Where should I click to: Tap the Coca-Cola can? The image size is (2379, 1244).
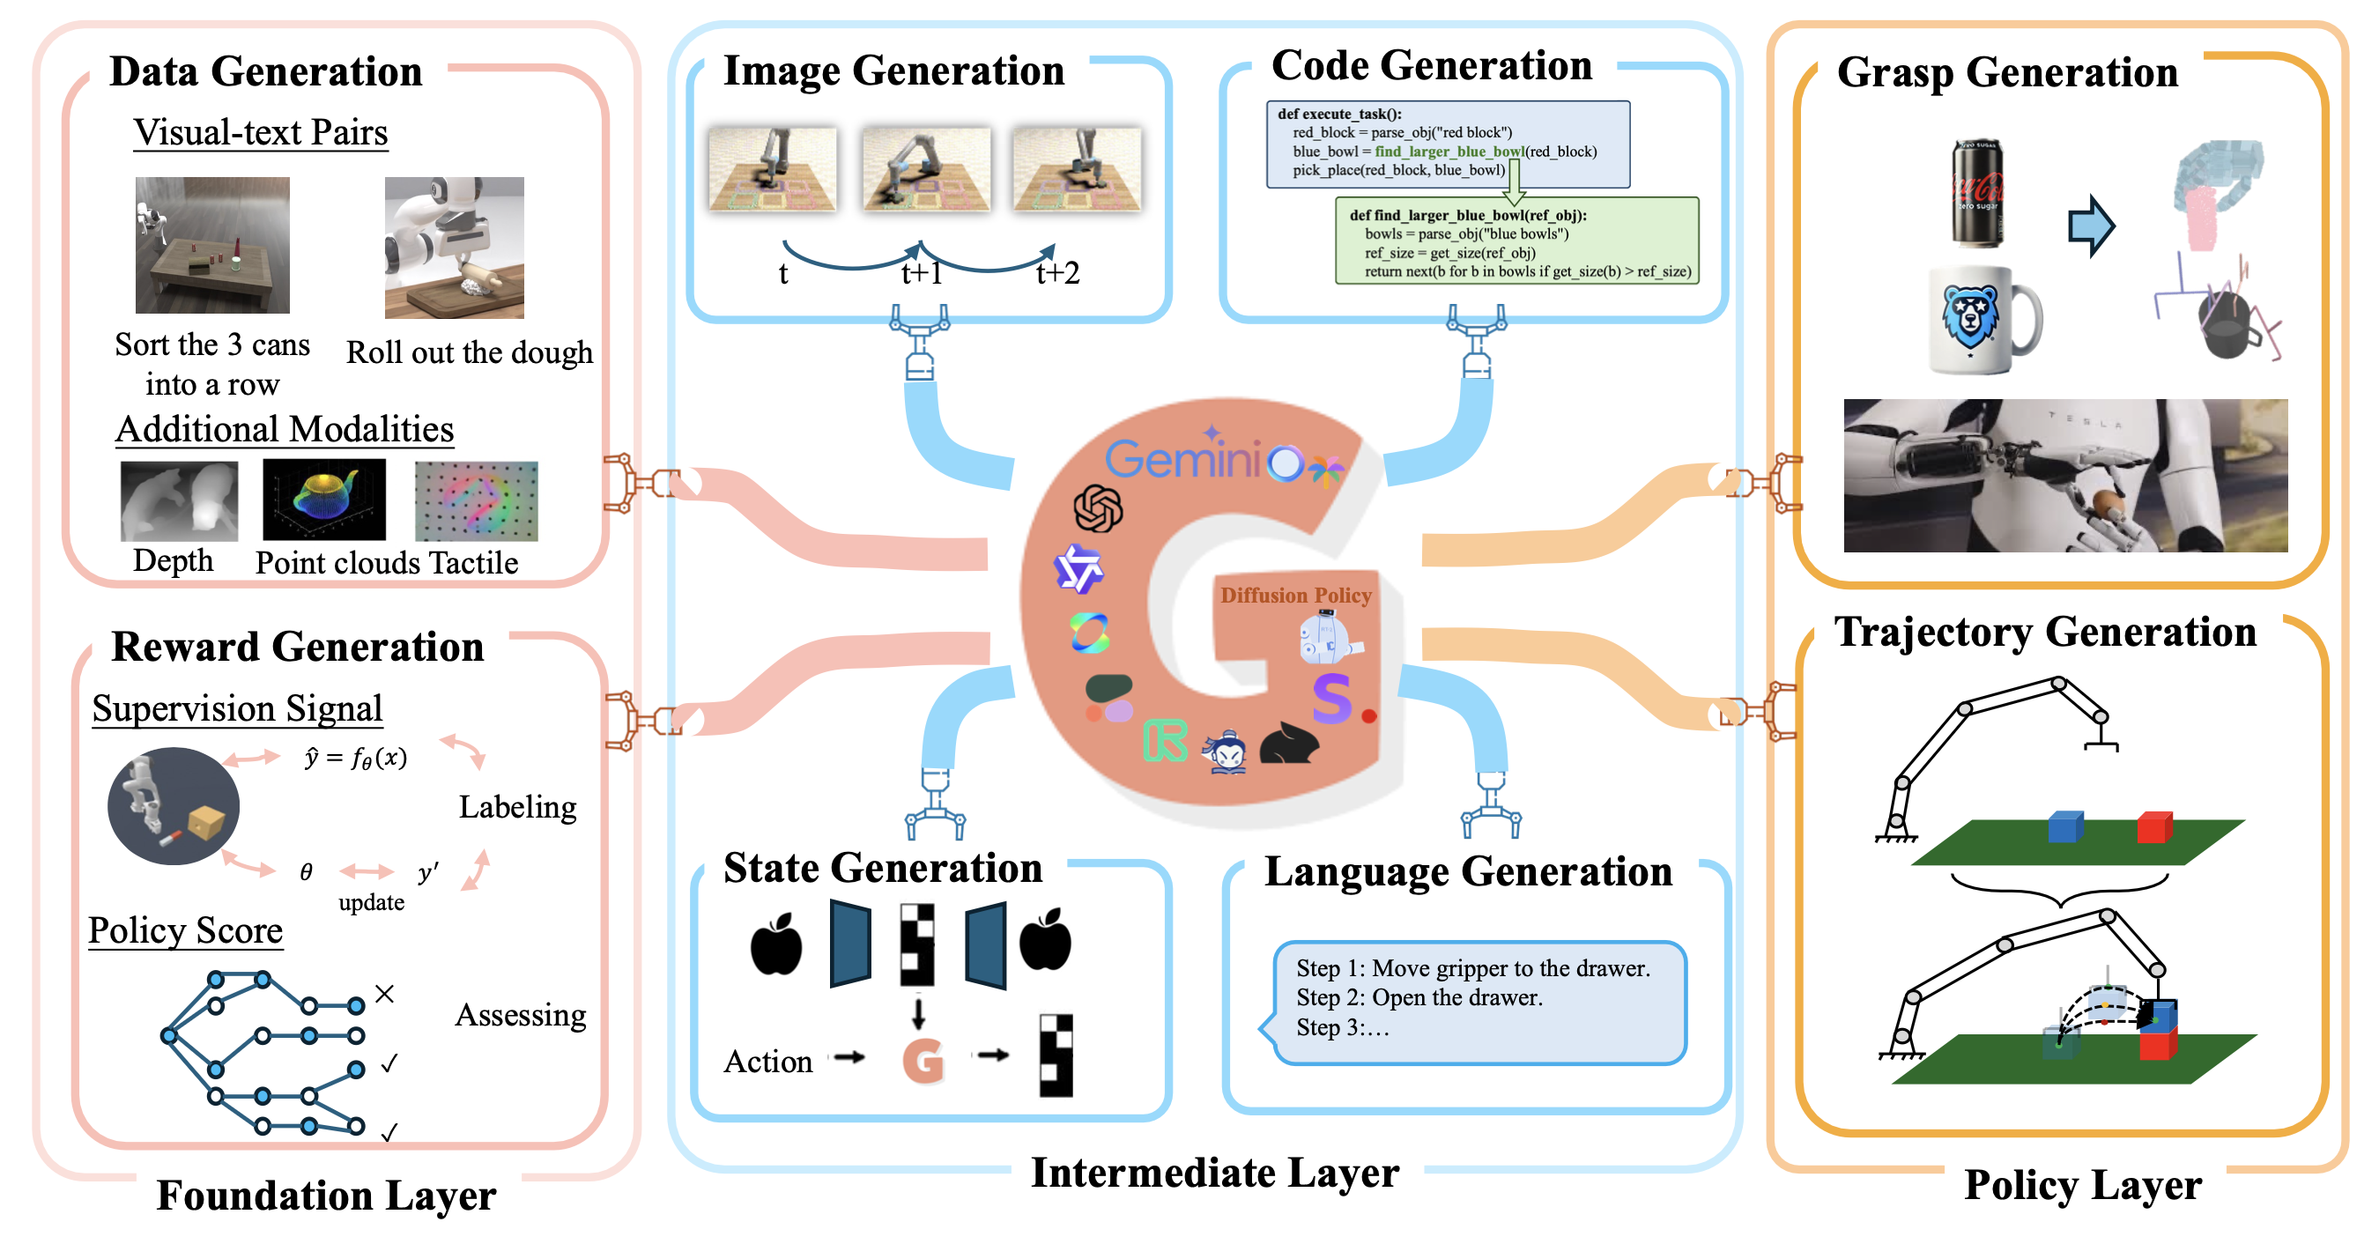coord(1976,193)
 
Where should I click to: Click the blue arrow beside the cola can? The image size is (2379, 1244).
coord(2091,226)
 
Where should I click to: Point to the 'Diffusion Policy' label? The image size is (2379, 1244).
coord(1296,596)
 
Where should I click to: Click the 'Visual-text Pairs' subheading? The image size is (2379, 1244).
coord(261,132)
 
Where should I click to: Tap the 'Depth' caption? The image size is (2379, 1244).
coord(173,560)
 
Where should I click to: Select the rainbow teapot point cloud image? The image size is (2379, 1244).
coord(324,500)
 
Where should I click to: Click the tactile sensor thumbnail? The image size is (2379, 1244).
coord(476,500)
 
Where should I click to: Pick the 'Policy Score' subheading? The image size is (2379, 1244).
coord(186,930)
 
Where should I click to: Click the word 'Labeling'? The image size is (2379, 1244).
coord(517,806)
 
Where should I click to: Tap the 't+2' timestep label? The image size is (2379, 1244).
coord(1057,272)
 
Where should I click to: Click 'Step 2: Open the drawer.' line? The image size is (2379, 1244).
coord(1419,997)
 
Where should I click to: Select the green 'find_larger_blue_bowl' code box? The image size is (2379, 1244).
coord(1516,241)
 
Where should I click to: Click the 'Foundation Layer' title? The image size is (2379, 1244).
coord(326,1195)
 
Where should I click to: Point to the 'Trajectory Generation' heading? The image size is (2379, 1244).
coord(2045,633)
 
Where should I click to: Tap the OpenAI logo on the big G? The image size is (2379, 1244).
coord(1098,509)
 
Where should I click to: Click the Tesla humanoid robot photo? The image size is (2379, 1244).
coord(2065,476)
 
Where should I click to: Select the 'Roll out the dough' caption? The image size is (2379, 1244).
coord(469,352)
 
